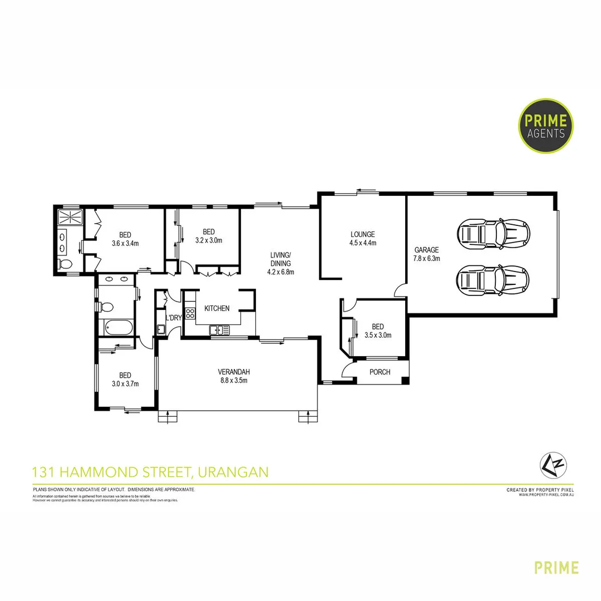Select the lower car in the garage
(493, 279)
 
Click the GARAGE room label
(427, 250)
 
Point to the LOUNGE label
(362, 234)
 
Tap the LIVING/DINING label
(280, 259)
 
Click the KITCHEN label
(216, 308)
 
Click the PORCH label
(380, 372)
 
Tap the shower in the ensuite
(70, 217)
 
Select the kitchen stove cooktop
(190, 314)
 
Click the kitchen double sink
(219, 331)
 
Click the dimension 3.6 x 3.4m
(125, 243)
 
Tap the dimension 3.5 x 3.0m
(378, 335)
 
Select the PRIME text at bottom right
(556, 568)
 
